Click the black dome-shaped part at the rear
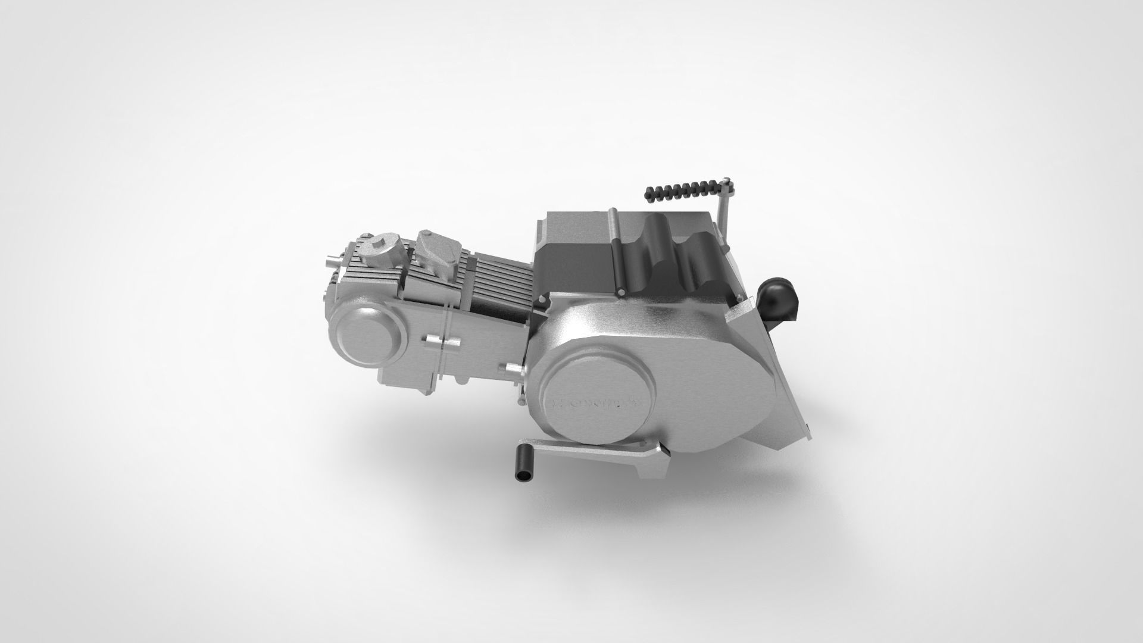pyautogui.click(x=777, y=301)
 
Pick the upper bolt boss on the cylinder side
pyautogui.click(x=441, y=342)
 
